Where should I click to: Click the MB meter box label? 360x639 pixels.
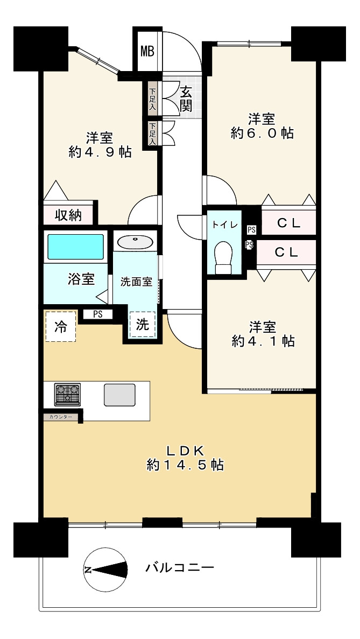[x=147, y=51]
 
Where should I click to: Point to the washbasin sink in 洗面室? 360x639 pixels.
[x=135, y=242]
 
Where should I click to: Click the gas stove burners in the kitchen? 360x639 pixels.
[x=67, y=395]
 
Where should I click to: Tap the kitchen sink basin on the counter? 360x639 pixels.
[x=119, y=395]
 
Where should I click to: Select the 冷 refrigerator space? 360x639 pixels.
[x=61, y=327]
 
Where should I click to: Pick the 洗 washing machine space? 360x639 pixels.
[x=142, y=325]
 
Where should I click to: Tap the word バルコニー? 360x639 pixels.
[x=180, y=567]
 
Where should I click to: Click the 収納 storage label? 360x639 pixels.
[x=68, y=215]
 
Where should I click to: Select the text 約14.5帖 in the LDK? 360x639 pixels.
[x=185, y=465]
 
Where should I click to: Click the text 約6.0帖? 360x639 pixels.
[x=262, y=134]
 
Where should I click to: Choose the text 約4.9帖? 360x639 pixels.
[x=100, y=152]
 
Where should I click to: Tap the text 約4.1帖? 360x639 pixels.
[x=263, y=341]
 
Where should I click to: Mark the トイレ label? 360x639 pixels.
[x=222, y=225]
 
